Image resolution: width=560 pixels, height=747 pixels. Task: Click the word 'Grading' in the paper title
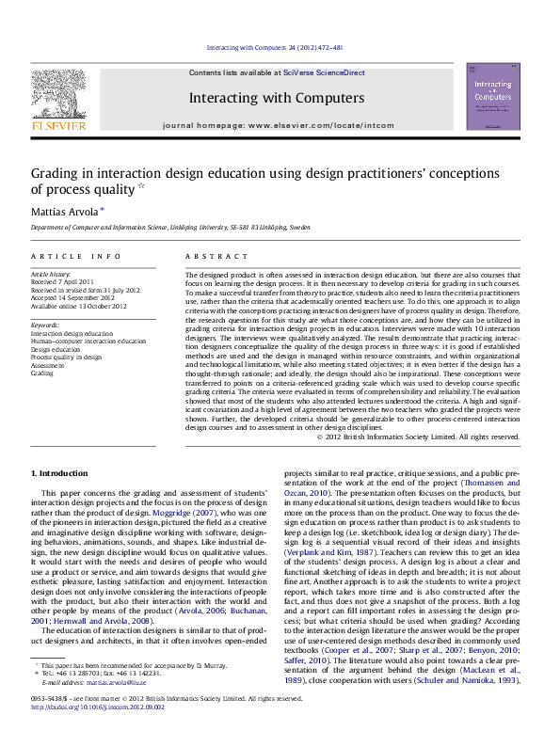[x=58, y=173]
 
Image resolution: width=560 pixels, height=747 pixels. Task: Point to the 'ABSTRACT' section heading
[x=209, y=255]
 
